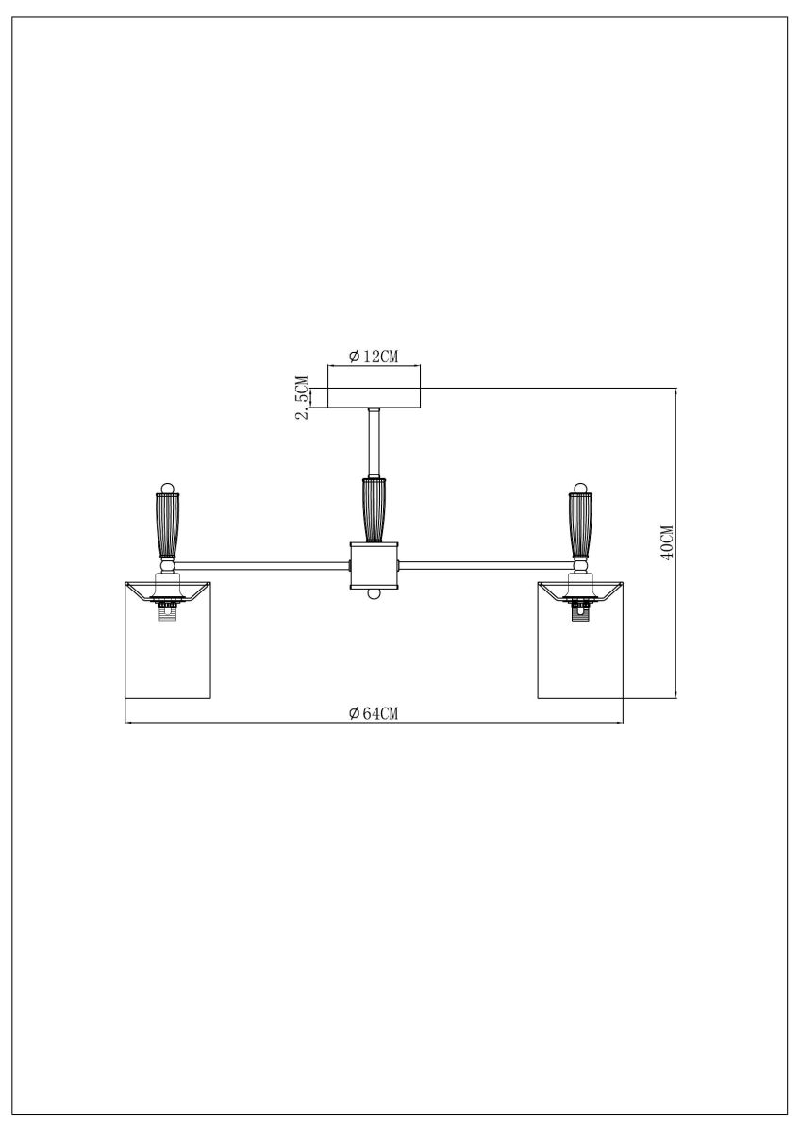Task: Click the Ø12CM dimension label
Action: tap(375, 356)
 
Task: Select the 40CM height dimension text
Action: tap(667, 542)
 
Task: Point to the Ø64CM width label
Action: tap(374, 713)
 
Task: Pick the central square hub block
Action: tap(375, 565)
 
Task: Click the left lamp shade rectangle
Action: tap(168, 651)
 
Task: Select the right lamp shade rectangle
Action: tap(580, 651)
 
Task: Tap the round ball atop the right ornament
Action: tap(580, 488)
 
